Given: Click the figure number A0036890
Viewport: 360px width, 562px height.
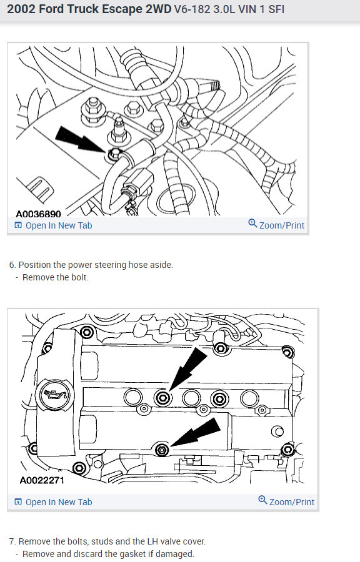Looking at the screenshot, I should point(39,214).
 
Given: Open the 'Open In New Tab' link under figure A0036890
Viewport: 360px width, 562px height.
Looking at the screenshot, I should point(58,225).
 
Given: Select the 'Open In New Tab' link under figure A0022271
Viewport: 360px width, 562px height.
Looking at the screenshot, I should point(58,502).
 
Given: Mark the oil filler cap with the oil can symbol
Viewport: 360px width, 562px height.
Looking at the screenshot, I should point(51,395).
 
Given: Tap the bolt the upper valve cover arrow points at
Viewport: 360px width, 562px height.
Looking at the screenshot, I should point(163,397).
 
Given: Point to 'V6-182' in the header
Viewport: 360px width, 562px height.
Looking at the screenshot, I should point(194,11).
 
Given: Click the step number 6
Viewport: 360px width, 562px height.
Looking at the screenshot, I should point(12,265).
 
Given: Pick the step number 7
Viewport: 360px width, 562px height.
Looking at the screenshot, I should point(12,541).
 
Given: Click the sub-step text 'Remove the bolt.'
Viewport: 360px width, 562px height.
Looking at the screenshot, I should point(55,277).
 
